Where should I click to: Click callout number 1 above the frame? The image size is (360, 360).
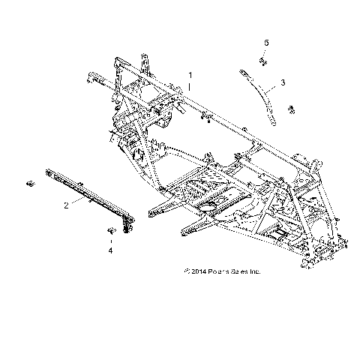pyautogui.click(x=191, y=75)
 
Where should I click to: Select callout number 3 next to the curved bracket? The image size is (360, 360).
pyautogui.click(x=282, y=81)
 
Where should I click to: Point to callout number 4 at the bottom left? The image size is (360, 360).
pyautogui.click(x=111, y=250)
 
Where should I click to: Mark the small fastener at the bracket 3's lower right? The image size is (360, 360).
pyautogui.click(x=291, y=111)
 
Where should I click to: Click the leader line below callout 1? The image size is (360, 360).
pyautogui.click(x=190, y=88)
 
